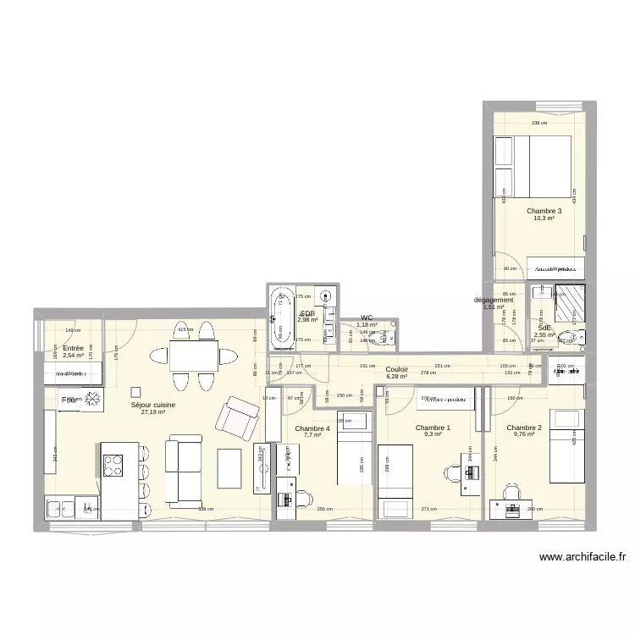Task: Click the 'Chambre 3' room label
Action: [x=544, y=211]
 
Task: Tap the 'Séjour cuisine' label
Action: [x=153, y=405]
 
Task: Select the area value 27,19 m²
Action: [x=153, y=413]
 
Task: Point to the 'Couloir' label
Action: [x=396, y=369]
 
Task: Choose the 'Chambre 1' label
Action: [x=433, y=428]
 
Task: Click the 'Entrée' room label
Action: [x=73, y=348]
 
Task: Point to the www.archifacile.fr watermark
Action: [x=581, y=557]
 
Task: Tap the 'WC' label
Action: [x=367, y=317]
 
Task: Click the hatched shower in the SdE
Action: [x=569, y=301]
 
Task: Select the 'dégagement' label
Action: [x=494, y=300]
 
